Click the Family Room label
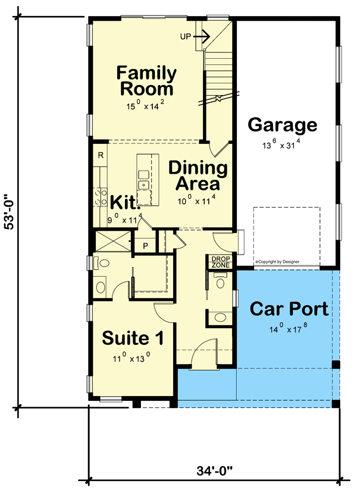pyautogui.click(x=146, y=81)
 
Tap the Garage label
pyautogui.click(x=282, y=125)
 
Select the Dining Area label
pyautogui.click(x=198, y=175)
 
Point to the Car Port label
pyautogui.click(x=288, y=309)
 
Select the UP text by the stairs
pyautogui.click(x=186, y=36)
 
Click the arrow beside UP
pyautogui.click(x=202, y=36)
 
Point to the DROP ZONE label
pyautogui.click(x=221, y=262)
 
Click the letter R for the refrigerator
pyautogui.click(x=101, y=156)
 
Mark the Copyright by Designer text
pyautogui.click(x=277, y=261)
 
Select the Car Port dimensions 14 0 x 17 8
pyautogui.click(x=288, y=329)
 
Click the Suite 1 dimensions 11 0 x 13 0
pyautogui.click(x=132, y=359)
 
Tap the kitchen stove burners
pyautogui.click(x=99, y=197)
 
